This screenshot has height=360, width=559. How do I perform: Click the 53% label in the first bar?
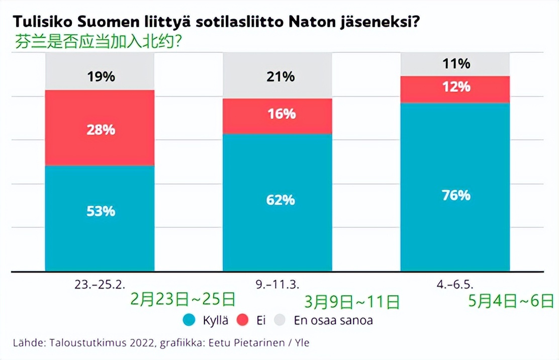tap(101, 211)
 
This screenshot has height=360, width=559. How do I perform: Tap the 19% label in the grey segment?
tap(101, 76)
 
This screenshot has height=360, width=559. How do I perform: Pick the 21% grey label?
tap(281, 76)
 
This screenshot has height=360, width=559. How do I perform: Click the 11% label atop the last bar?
tap(456, 63)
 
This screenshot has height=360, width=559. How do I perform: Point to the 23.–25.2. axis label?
tap(100, 284)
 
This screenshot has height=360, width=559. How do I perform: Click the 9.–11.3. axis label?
tap(277, 284)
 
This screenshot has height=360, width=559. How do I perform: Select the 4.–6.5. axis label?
tap(455, 284)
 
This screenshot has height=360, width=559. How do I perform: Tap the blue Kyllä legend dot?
tap(190, 320)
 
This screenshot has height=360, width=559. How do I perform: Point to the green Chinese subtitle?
tap(99, 40)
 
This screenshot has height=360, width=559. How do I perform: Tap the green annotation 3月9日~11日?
tap(352, 302)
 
